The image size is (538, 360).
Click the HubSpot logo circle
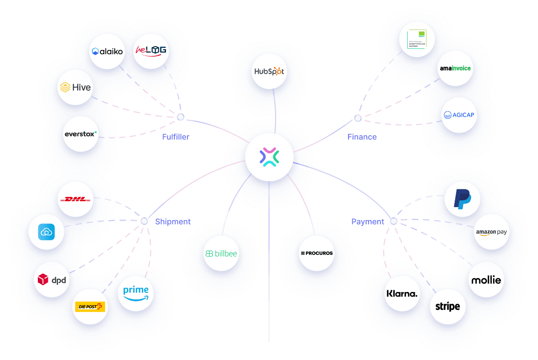(x=269, y=71)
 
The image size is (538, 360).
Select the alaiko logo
(x=108, y=51)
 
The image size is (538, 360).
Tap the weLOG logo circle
(x=150, y=51)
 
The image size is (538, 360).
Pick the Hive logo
(x=75, y=87)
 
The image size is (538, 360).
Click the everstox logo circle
(x=81, y=134)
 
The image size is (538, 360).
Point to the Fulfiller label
(x=176, y=137)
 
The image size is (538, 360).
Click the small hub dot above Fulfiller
(x=180, y=117)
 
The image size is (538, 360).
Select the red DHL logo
(x=76, y=199)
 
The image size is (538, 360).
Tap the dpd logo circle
(x=52, y=279)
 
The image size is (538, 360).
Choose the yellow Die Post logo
(x=90, y=307)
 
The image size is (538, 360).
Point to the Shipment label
(x=173, y=221)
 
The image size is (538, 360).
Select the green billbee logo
(x=221, y=253)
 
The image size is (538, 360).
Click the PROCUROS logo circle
(x=317, y=253)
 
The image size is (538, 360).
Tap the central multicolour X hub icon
(x=269, y=157)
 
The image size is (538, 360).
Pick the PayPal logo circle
(x=462, y=199)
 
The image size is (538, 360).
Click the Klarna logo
(x=402, y=293)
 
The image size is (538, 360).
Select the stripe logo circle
(x=448, y=306)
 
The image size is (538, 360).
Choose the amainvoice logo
(x=455, y=68)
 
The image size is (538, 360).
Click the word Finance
(x=362, y=137)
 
